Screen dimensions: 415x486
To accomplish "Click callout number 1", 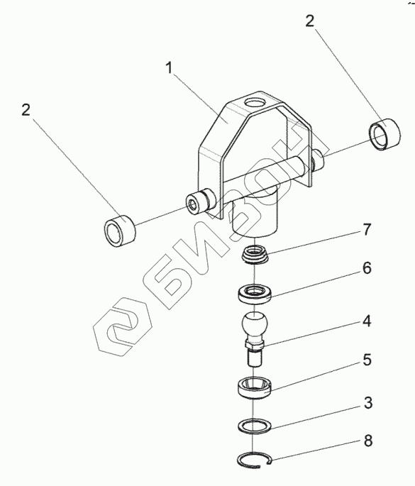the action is click(169, 68).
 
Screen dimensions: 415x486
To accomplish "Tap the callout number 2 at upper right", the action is click(309, 21).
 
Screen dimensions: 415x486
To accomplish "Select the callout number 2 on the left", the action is click(26, 110).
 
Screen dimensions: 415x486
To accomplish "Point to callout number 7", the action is click(367, 230).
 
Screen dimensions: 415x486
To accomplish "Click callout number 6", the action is click(367, 267).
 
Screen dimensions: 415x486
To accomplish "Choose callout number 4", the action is click(367, 321).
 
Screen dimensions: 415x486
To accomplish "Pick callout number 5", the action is click(367, 360).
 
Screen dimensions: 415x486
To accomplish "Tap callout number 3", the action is click(368, 403).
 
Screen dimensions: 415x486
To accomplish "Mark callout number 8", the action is click(368, 441).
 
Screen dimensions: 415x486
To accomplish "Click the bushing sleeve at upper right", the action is click(385, 135).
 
